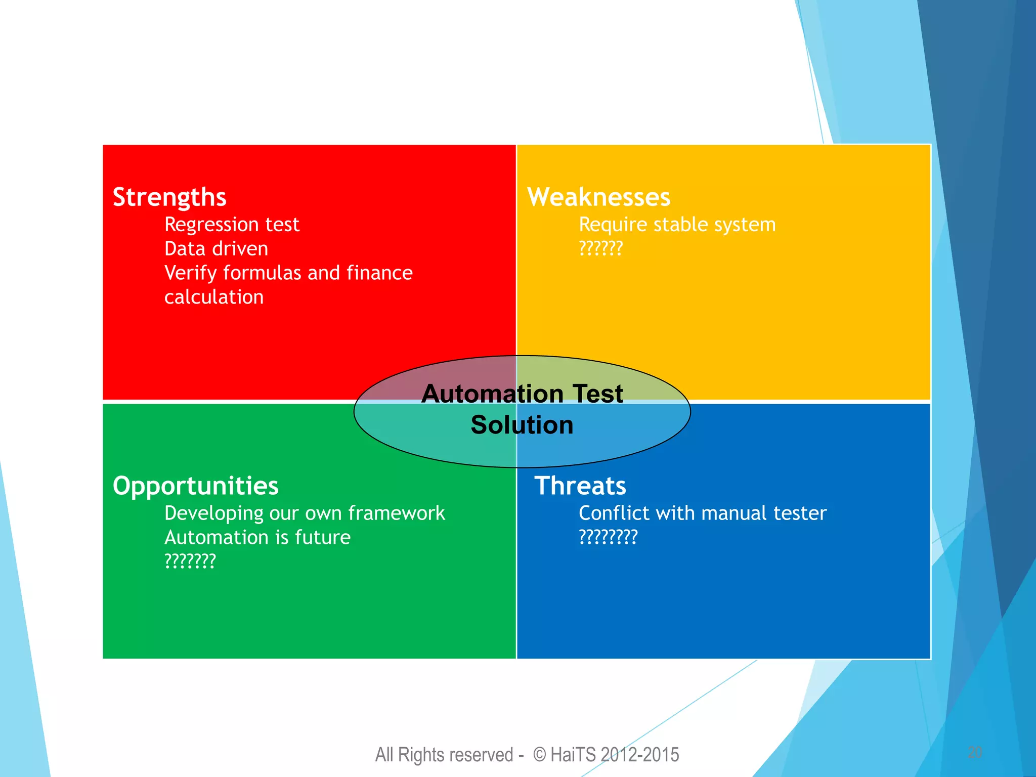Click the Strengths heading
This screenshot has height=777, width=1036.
coord(169,197)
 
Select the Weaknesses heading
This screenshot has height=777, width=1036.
coord(598,197)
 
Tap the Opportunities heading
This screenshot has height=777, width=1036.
coord(195,486)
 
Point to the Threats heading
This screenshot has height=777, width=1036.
coord(580,486)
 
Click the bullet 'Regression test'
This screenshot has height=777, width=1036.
coord(232,225)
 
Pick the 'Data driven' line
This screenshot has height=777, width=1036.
coord(216,249)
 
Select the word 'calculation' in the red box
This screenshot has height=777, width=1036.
coord(214,297)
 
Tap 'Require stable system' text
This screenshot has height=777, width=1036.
coord(677,225)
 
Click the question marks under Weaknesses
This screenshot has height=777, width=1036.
coord(600,249)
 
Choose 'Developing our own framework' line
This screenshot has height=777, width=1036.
coord(305,513)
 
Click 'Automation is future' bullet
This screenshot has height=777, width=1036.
coord(257,537)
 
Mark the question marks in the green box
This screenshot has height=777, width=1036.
coord(190,561)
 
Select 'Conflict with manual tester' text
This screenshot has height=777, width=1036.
coord(702,513)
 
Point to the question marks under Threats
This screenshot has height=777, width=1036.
coord(608,537)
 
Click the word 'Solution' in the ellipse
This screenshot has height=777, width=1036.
coord(522,425)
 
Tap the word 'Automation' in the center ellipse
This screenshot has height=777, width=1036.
coord(492,394)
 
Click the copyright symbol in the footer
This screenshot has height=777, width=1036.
coord(540,755)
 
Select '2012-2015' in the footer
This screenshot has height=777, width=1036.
coord(640,755)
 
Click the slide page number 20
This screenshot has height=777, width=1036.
coord(975,752)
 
